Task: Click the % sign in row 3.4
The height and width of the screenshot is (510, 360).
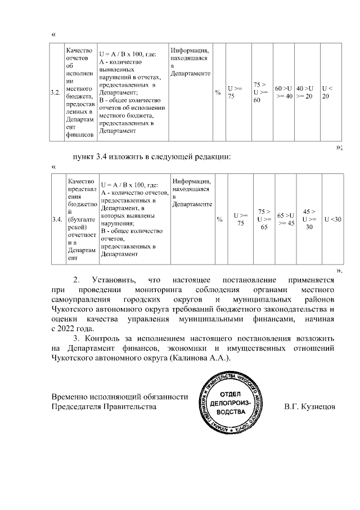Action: pyautogui.click(x=219, y=219)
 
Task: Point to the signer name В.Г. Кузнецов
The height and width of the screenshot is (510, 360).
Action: pyautogui.click(x=310, y=405)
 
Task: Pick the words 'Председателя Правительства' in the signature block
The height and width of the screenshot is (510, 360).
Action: pyautogui.click(x=101, y=405)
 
